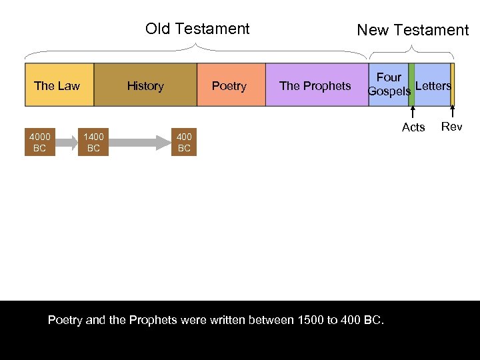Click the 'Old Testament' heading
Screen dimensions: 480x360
coord(197,29)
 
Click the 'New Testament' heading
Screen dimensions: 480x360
coord(413,30)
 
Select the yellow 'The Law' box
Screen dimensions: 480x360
coord(59,85)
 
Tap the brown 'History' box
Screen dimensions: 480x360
coord(145,85)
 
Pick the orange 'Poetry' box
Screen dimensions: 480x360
coord(230,85)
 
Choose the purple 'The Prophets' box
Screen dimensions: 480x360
coord(315,85)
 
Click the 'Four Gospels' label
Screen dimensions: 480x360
coord(389,85)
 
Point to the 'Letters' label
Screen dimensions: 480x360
coord(433,85)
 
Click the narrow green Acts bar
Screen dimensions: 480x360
coord(411,85)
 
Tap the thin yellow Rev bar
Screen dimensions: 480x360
coord(452,85)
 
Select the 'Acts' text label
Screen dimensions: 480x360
coord(413,127)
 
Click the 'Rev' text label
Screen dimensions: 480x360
coord(452,127)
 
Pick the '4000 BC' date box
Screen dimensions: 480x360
coord(39,143)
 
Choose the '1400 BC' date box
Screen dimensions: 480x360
coord(93,143)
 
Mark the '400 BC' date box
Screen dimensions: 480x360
coord(184,143)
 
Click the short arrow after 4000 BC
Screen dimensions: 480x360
coord(66,143)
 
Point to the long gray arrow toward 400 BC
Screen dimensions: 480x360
coord(139,143)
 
